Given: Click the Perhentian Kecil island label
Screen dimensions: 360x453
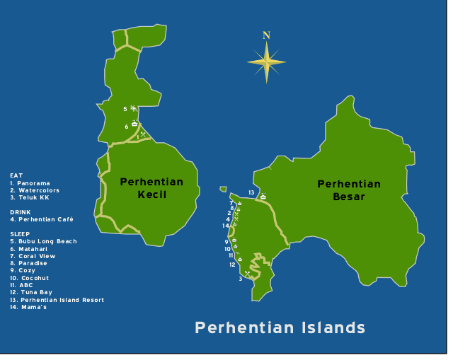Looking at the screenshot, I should pyautogui.click(x=151, y=188).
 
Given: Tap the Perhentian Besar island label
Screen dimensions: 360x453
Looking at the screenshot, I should pyautogui.click(x=349, y=190).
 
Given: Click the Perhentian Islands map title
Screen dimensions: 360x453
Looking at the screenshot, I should pyautogui.click(x=280, y=327).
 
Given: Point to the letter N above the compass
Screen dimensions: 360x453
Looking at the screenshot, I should pyautogui.click(x=266, y=35).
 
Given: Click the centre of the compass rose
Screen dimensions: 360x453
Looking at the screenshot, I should pyautogui.click(x=266, y=62).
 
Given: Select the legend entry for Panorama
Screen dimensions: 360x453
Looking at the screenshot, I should pyautogui.click(x=30, y=183).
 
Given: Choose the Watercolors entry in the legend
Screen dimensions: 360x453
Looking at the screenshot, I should pyautogui.click(x=35, y=190).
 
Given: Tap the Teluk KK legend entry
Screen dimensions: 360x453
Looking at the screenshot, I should pyautogui.click(x=30, y=197).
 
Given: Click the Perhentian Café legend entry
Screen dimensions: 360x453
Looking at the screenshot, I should pyautogui.click(x=42, y=219).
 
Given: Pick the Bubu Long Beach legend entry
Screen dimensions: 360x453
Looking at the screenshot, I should pyautogui.click(x=44, y=241).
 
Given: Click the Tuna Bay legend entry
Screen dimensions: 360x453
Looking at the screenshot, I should pyautogui.click(x=31, y=292).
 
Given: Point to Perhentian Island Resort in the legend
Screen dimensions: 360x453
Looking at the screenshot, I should pyautogui.click(x=57, y=300).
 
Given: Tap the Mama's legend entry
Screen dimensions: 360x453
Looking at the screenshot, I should pyautogui.click(x=28, y=307).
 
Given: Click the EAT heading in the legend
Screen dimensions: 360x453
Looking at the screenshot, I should pyautogui.click(x=16, y=175).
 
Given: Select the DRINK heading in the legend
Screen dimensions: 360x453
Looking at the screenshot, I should pyautogui.click(x=21, y=212).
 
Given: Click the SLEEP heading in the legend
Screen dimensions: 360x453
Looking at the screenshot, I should pyautogui.click(x=21, y=234).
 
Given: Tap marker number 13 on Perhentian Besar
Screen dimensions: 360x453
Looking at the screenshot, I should pyautogui.click(x=251, y=192).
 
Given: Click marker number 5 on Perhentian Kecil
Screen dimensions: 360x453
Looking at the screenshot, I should pyautogui.click(x=125, y=109).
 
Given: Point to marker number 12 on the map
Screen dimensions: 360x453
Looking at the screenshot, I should pyautogui.click(x=232, y=265).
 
